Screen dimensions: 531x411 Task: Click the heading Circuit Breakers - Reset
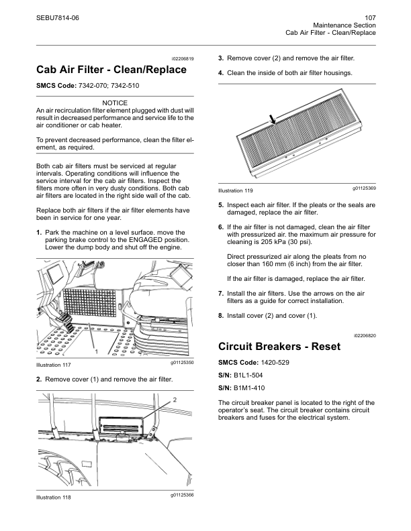pyautogui.click(x=280, y=347)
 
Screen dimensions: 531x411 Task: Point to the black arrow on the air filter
pyautogui.click(x=272, y=119)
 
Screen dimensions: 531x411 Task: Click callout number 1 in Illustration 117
pyautogui.click(x=97, y=351)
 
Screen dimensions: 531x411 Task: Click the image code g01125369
pyautogui.click(x=363, y=188)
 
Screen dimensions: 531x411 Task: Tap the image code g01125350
pyautogui.click(x=181, y=363)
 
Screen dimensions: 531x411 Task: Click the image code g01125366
pyautogui.click(x=181, y=495)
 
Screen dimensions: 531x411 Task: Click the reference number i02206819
pyautogui.click(x=181, y=58)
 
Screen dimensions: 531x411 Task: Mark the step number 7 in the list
pyautogui.click(x=221, y=293)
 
